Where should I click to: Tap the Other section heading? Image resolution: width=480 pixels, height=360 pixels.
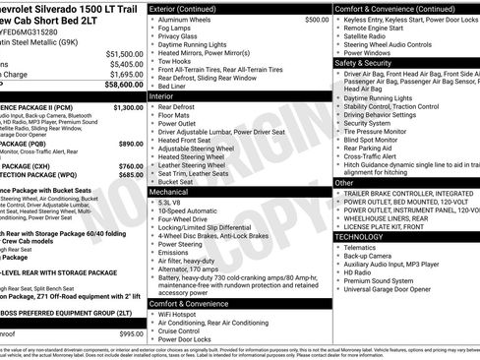tap(344, 183)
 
